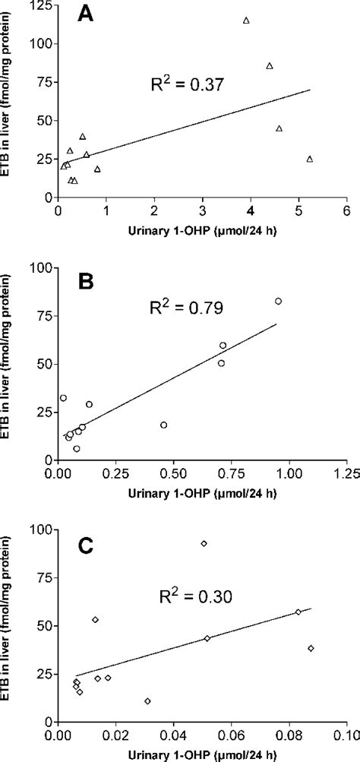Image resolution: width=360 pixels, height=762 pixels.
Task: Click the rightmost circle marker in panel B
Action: point(278,301)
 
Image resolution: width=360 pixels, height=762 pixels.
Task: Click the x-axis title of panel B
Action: point(202,490)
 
